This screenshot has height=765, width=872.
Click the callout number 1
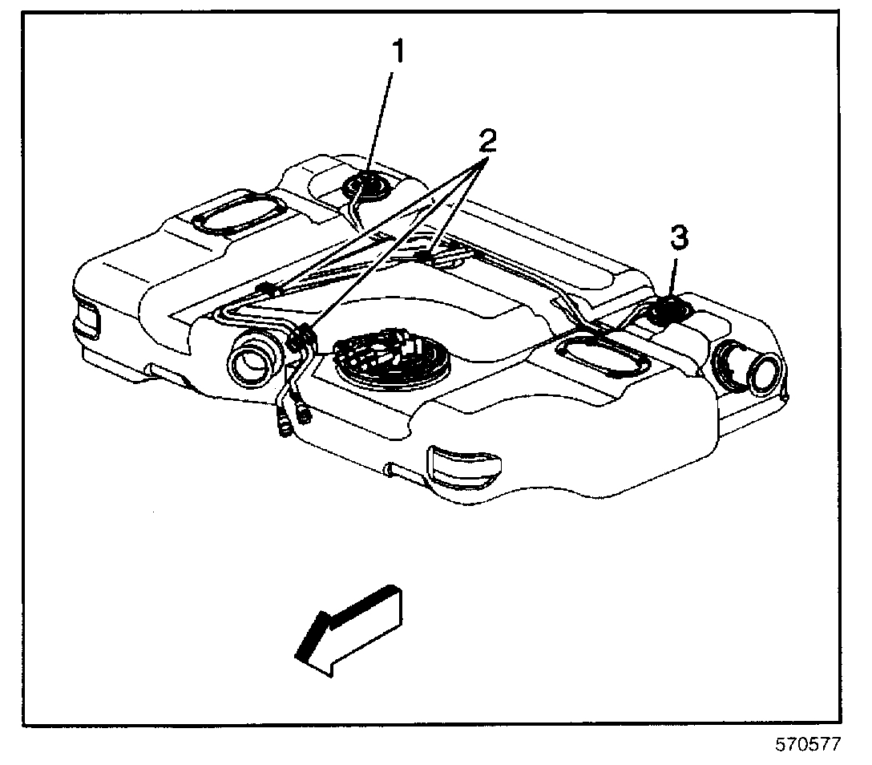[x=398, y=53]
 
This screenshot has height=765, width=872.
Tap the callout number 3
[x=678, y=237]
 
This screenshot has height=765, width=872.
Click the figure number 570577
[x=807, y=745]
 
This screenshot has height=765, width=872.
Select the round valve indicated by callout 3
[x=664, y=309]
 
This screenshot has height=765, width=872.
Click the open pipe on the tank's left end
[x=256, y=361]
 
